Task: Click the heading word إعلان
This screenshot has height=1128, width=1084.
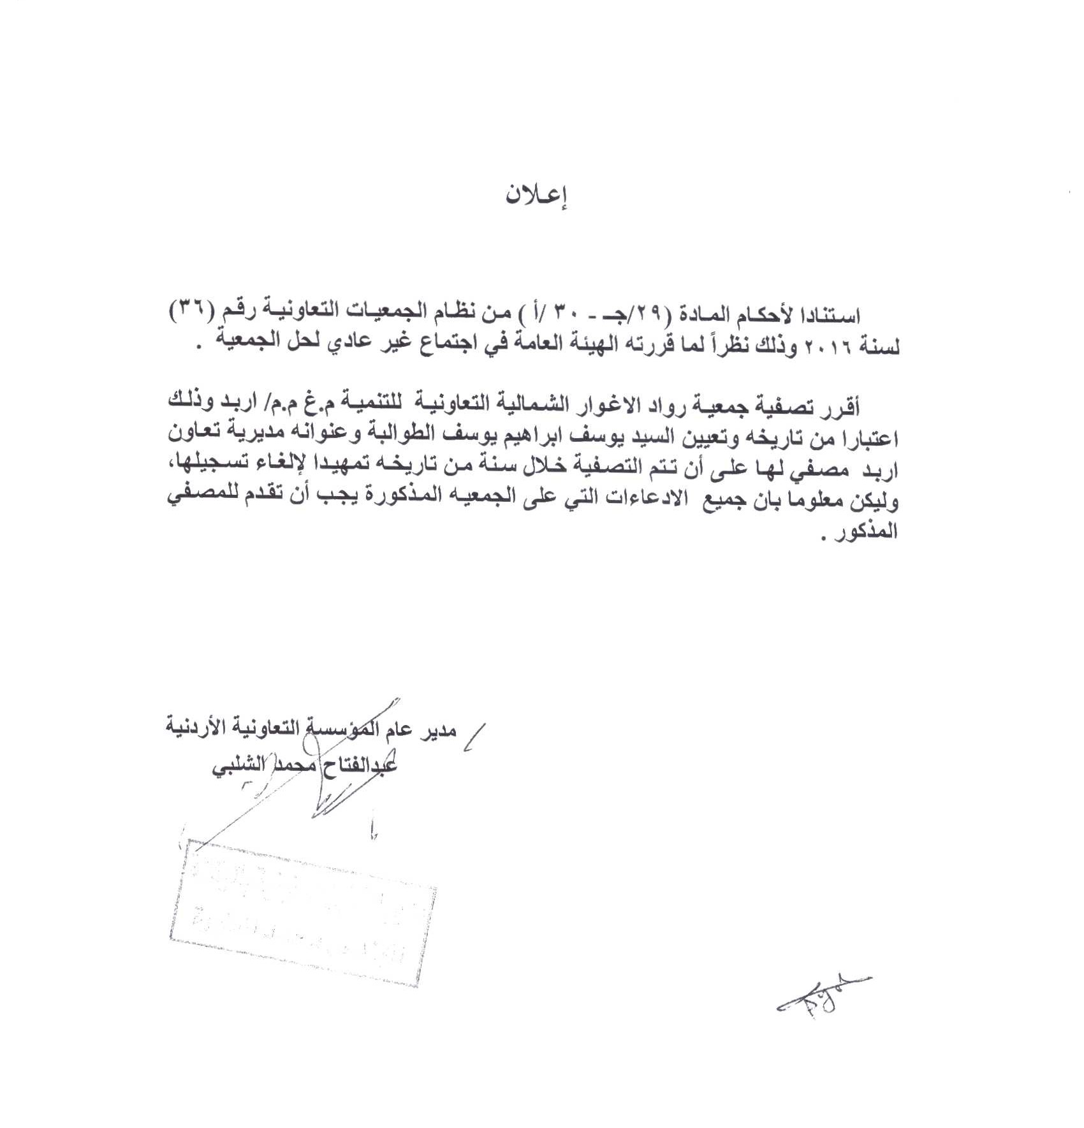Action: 537,196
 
